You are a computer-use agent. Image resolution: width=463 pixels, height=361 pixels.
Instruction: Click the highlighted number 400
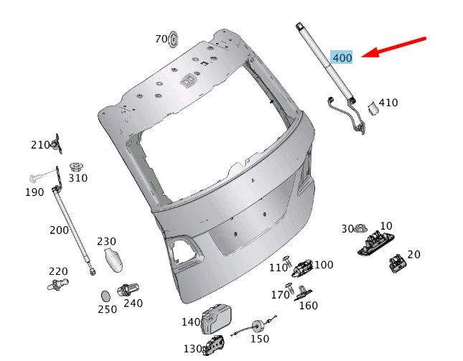coord(342,57)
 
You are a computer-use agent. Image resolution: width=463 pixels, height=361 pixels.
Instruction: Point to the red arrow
coord(393,47)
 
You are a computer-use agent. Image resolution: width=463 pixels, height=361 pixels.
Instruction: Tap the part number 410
coord(388,103)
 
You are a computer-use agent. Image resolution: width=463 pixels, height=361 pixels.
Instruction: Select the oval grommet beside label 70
coord(173,39)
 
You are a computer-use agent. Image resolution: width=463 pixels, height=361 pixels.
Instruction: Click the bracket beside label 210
coord(57,144)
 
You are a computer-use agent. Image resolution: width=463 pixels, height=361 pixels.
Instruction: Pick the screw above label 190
coord(34,178)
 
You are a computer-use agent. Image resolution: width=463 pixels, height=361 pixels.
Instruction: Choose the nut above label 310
coord(76,167)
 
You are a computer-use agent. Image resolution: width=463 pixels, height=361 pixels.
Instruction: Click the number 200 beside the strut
coord(59,230)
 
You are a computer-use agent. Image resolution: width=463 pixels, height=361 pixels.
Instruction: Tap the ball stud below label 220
coord(58,284)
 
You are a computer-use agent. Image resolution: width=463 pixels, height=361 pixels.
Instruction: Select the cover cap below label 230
coord(113,260)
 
